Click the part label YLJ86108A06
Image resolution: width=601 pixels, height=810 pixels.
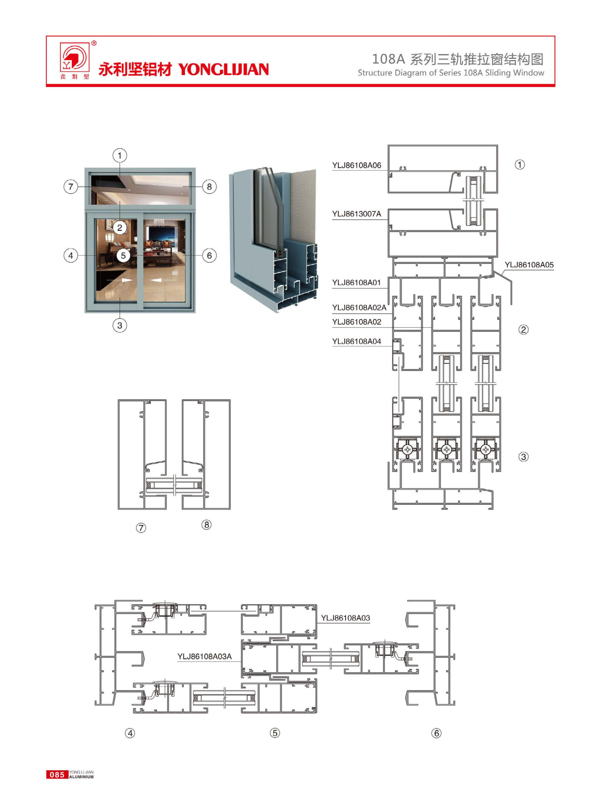pos(357,165)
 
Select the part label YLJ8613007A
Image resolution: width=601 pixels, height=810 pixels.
pos(357,214)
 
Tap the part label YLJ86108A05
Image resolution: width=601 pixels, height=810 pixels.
pos(529,265)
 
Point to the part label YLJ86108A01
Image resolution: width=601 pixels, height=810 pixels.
pos(357,283)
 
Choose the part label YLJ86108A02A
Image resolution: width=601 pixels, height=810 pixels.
pos(359,307)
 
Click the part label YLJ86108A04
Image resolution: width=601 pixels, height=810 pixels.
pos(357,342)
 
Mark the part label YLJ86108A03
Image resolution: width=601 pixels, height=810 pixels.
pos(346,618)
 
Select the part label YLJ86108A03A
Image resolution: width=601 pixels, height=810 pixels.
pos(205,657)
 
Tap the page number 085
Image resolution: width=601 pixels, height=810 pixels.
pos(57,775)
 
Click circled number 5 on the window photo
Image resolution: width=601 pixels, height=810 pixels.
pos(123,256)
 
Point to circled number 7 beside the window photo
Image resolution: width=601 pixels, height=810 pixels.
pos(71,187)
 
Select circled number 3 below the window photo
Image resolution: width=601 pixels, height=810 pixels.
pos(119,325)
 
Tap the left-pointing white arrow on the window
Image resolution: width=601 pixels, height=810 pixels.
pos(163,280)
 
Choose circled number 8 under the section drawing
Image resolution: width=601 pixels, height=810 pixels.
pos(207,525)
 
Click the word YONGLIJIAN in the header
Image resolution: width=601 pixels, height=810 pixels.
pos(223,69)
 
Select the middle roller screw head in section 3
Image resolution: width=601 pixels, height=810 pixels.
pos(447,449)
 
